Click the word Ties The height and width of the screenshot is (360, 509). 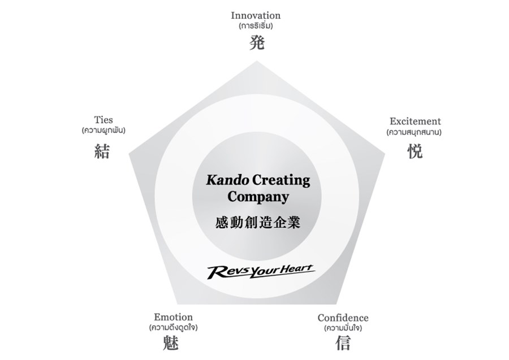[103, 120]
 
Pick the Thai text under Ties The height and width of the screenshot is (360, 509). [103, 131]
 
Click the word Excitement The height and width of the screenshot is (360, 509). [415, 121]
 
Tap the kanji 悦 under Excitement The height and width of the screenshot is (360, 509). [415, 151]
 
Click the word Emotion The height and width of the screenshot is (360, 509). [173, 317]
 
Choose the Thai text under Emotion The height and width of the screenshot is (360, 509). [173, 328]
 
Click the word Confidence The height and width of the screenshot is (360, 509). [343, 318]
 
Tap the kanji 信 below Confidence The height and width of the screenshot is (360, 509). [343, 342]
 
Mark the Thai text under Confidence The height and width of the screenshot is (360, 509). [343, 328]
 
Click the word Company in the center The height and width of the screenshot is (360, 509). [258, 197]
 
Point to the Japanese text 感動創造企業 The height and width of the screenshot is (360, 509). [257, 222]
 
